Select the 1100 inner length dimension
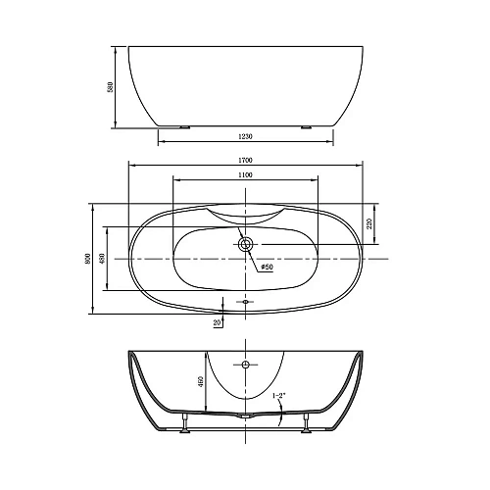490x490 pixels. click(x=245, y=173)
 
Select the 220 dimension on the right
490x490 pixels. click(x=369, y=223)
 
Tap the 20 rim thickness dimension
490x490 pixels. click(x=216, y=320)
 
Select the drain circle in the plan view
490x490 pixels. click(x=245, y=243)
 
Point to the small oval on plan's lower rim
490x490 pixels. click(x=245, y=302)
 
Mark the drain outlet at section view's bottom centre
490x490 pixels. click(x=245, y=416)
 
